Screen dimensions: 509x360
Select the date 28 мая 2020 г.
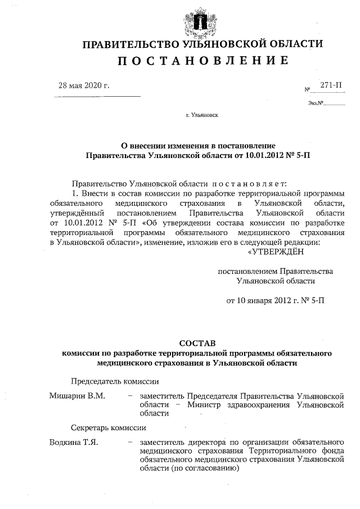84,85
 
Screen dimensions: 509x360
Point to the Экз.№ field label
316,103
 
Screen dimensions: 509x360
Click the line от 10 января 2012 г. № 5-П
275,300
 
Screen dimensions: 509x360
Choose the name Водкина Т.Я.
74,442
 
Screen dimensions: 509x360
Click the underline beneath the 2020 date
96,96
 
